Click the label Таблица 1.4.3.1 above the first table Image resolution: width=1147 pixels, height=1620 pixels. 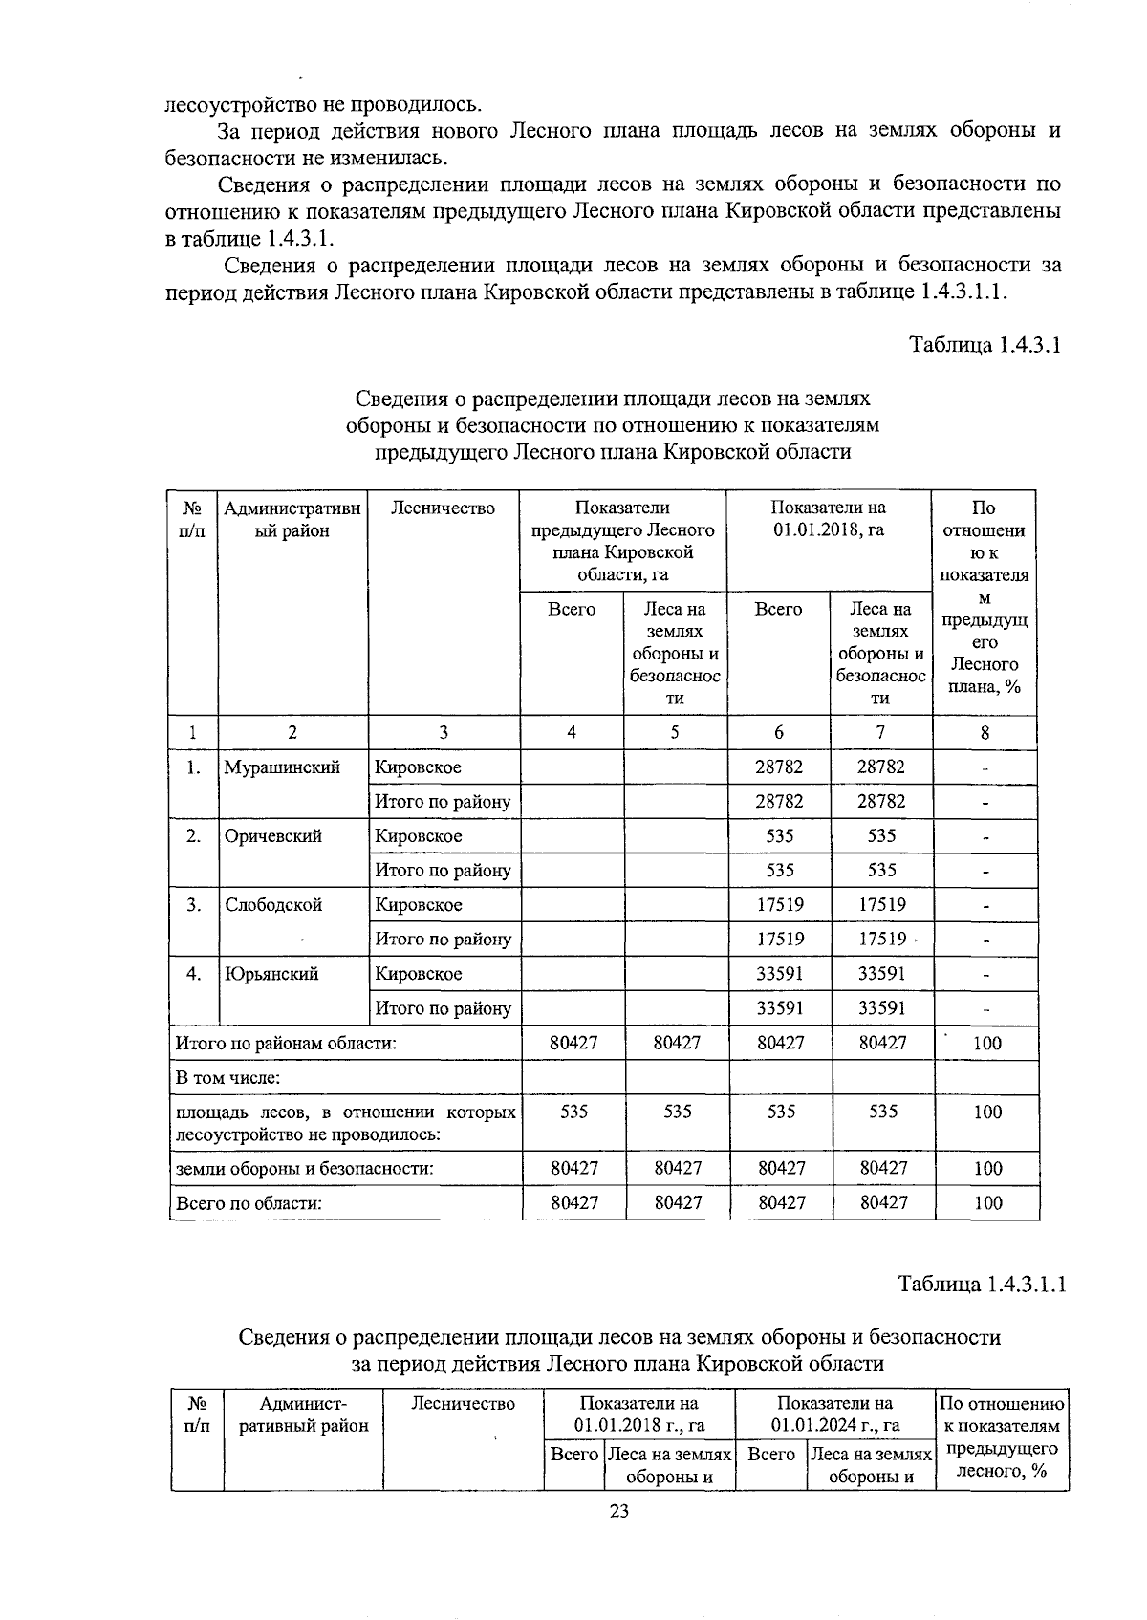tap(985, 345)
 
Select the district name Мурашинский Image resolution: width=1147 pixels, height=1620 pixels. tap(282, 767)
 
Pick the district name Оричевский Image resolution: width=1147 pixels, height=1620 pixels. tap(272, 836)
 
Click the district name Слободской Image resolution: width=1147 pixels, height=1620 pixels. tap(273, 905)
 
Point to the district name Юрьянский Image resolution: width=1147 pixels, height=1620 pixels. tap(271, 974)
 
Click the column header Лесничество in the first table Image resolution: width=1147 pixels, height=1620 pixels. tap(443, 508)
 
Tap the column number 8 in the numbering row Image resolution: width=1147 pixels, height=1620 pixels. tap(985, 733)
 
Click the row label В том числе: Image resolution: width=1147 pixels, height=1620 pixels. tap(226, 1078)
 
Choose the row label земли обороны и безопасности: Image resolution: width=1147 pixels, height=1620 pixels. tap(303, 1168)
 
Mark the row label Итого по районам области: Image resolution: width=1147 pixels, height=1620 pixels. tap(285, 1044)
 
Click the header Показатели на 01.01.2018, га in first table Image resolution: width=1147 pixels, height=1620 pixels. tap(829, 519)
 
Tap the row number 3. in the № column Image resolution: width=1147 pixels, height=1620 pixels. tap(193, 905)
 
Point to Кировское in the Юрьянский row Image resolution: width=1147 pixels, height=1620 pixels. tap(418, 974)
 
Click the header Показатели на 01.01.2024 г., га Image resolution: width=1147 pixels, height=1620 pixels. tap(835, 1415)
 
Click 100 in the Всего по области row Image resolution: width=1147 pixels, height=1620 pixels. tap(987, 1203)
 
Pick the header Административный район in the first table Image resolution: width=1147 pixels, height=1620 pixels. tap(292, 519)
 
